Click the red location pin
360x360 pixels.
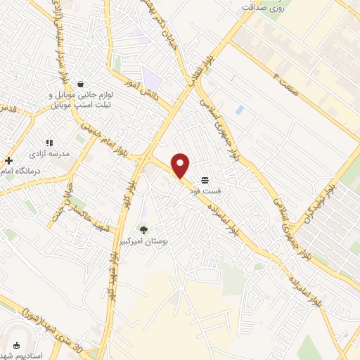click(181, 165)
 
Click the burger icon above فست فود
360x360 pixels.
click(205, 180)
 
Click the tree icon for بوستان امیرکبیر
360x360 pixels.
click(144, 229)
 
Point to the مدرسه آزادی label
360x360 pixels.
click(48, 152)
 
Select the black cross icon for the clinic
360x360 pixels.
click(8, 161)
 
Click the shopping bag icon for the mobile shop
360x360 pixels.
click(82, 84)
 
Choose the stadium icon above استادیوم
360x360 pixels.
click(17, 345)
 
